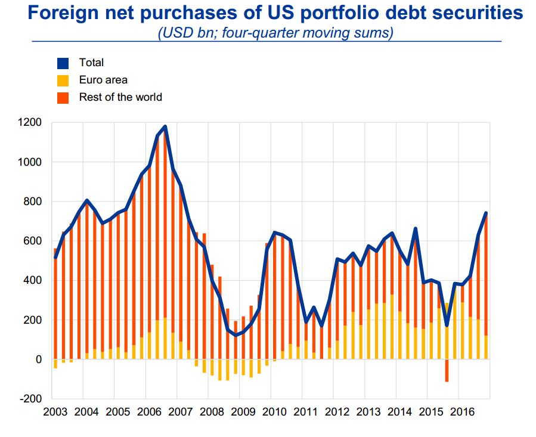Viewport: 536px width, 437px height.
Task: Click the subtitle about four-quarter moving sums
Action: (x=275, y=33)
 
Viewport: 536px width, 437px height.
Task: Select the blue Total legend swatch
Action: (x=63, y=63)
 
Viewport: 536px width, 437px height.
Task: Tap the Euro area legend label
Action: (x=103, y=80)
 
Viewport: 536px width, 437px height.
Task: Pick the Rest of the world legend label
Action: (x=120, y=97)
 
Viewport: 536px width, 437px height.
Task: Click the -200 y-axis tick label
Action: (x=31, y=398)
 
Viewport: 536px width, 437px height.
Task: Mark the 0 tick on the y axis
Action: (x=38, y=359)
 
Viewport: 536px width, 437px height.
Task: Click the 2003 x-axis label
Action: (x=55, y=411)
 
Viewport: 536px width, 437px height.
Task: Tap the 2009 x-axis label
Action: (x=243, y=411)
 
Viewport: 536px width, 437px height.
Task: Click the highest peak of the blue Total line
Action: (x=165, y=126)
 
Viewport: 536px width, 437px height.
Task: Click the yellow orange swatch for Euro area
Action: (x=63, y=80)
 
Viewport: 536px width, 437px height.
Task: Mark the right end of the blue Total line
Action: (x=486, y=213)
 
